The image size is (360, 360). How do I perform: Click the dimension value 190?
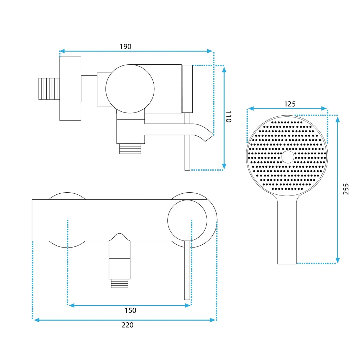(126, 47)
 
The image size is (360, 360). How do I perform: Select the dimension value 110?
(229, 117)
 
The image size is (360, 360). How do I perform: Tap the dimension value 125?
(290, 104)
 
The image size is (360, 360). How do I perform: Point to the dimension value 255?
(346, 189)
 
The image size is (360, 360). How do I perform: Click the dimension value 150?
(130, 310)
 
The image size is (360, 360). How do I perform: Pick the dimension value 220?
(127, 325)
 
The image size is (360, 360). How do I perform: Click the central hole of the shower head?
(288, 157)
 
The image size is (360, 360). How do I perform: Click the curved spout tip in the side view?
(209, 137)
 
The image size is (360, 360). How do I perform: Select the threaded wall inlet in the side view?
(49, 89)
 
